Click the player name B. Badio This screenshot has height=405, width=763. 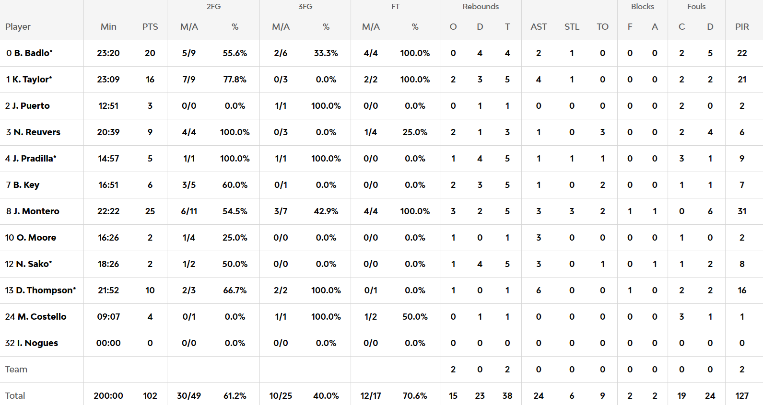(x=33, y=53)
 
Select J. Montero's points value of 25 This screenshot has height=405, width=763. (x=150, y=211)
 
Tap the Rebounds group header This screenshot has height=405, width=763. (x=481, y=7)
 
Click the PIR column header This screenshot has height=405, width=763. (x=742, y=27)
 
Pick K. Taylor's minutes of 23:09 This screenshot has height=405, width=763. (x=108, y=80)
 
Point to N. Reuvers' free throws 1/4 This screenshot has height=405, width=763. (x=371, y=132)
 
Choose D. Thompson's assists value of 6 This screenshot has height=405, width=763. (x=539, y=290)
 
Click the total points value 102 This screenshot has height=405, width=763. (x=150, y=396)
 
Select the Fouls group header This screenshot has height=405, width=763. (x=696, y=7)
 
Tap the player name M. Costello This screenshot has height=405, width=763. (x=42, y=317)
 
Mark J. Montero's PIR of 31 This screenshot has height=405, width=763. (x=742, y=211)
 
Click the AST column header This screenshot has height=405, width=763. (x=539, y=27)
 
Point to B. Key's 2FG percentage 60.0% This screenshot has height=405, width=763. (x=235, y=185)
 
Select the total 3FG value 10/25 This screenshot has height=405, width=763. (x=281, y=396)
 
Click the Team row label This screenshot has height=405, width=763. (x=16, y=370)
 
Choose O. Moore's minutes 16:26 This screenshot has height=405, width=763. (x=108, y=238)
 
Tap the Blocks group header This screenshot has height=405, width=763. (x=643, y=7)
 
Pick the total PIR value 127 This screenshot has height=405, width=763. (x=742, y=396)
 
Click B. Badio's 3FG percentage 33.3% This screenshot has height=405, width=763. (x=326, y=53)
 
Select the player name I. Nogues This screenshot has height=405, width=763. (x=37, y=343)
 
